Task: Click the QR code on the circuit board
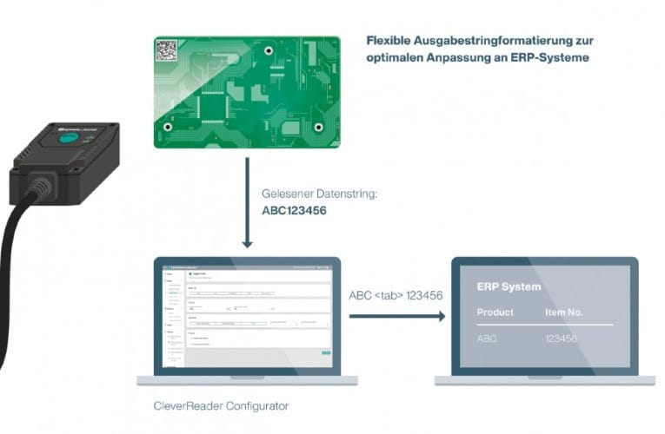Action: point(166,50)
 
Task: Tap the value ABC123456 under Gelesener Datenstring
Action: point(294,210)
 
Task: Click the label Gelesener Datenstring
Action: point(319,194)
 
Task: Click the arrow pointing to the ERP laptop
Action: point(397,316)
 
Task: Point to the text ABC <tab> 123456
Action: point(396,295)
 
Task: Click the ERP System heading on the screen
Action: point(509,286)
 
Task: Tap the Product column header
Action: point(495,312)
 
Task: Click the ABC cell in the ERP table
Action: point(487,339)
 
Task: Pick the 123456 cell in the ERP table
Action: point(561,339)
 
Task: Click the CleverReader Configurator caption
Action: point(221,405)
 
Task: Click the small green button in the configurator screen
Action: point(326,352)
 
